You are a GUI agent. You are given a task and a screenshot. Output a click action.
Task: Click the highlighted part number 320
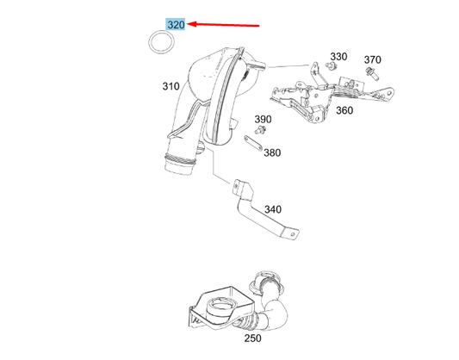(x=176, y=25)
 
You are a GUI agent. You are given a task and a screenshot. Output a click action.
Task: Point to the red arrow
(x=223, y=25)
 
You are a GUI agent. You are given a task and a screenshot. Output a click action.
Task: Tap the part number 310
(x=171, y=86)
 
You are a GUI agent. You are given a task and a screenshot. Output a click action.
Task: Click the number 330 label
(x=338, y=57)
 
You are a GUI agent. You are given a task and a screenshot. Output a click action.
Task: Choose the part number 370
(x=372, y=59)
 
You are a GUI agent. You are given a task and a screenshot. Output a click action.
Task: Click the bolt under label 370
(x=372, y=74)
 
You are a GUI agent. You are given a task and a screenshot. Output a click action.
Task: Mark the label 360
(x=344, y=110)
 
